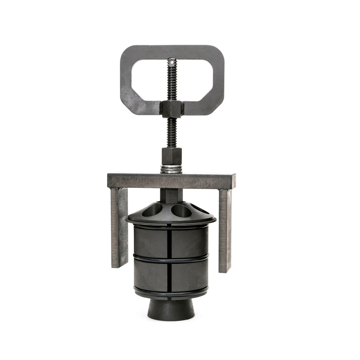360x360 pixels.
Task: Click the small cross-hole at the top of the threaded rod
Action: point(171,62)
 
